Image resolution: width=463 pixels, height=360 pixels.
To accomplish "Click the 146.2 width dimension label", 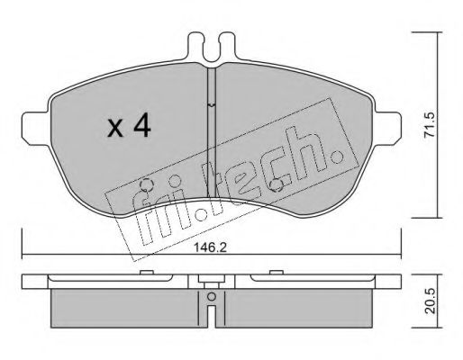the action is pos(210,247).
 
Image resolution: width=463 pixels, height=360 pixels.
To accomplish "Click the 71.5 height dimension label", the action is pos(430,125).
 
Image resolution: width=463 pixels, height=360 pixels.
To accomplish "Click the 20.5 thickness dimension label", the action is pos(431,301).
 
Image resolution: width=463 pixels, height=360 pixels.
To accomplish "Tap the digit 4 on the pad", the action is pos(142,126).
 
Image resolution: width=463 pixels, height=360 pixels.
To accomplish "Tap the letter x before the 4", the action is pos(115,130).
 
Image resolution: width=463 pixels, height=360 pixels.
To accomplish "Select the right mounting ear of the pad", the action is pos(388,129).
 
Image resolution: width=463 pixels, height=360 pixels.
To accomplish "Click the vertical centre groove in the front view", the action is pos(212,132).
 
